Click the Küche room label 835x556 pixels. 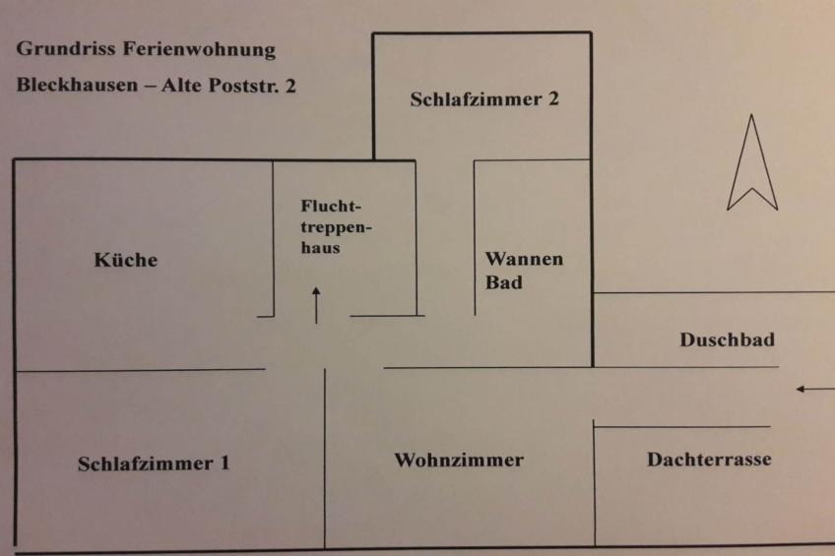(x=126, y=261)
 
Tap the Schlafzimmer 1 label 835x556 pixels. (x=154, y=463)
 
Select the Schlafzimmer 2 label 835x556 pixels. (x=484, y=99)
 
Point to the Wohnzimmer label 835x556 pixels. (x=459, y=460)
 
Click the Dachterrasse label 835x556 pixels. (x=709, y=460)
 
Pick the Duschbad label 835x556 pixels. (x=727, y=340)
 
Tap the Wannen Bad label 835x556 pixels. (x=524, y=271)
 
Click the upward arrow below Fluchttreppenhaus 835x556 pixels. (x=316, y=305)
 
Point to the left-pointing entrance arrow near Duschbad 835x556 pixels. (x=813, y=390)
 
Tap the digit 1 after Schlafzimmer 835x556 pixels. (x=225, y=463)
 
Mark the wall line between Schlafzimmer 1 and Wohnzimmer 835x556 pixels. (x=325, y=458)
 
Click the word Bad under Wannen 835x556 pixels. (x=503, y=283)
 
